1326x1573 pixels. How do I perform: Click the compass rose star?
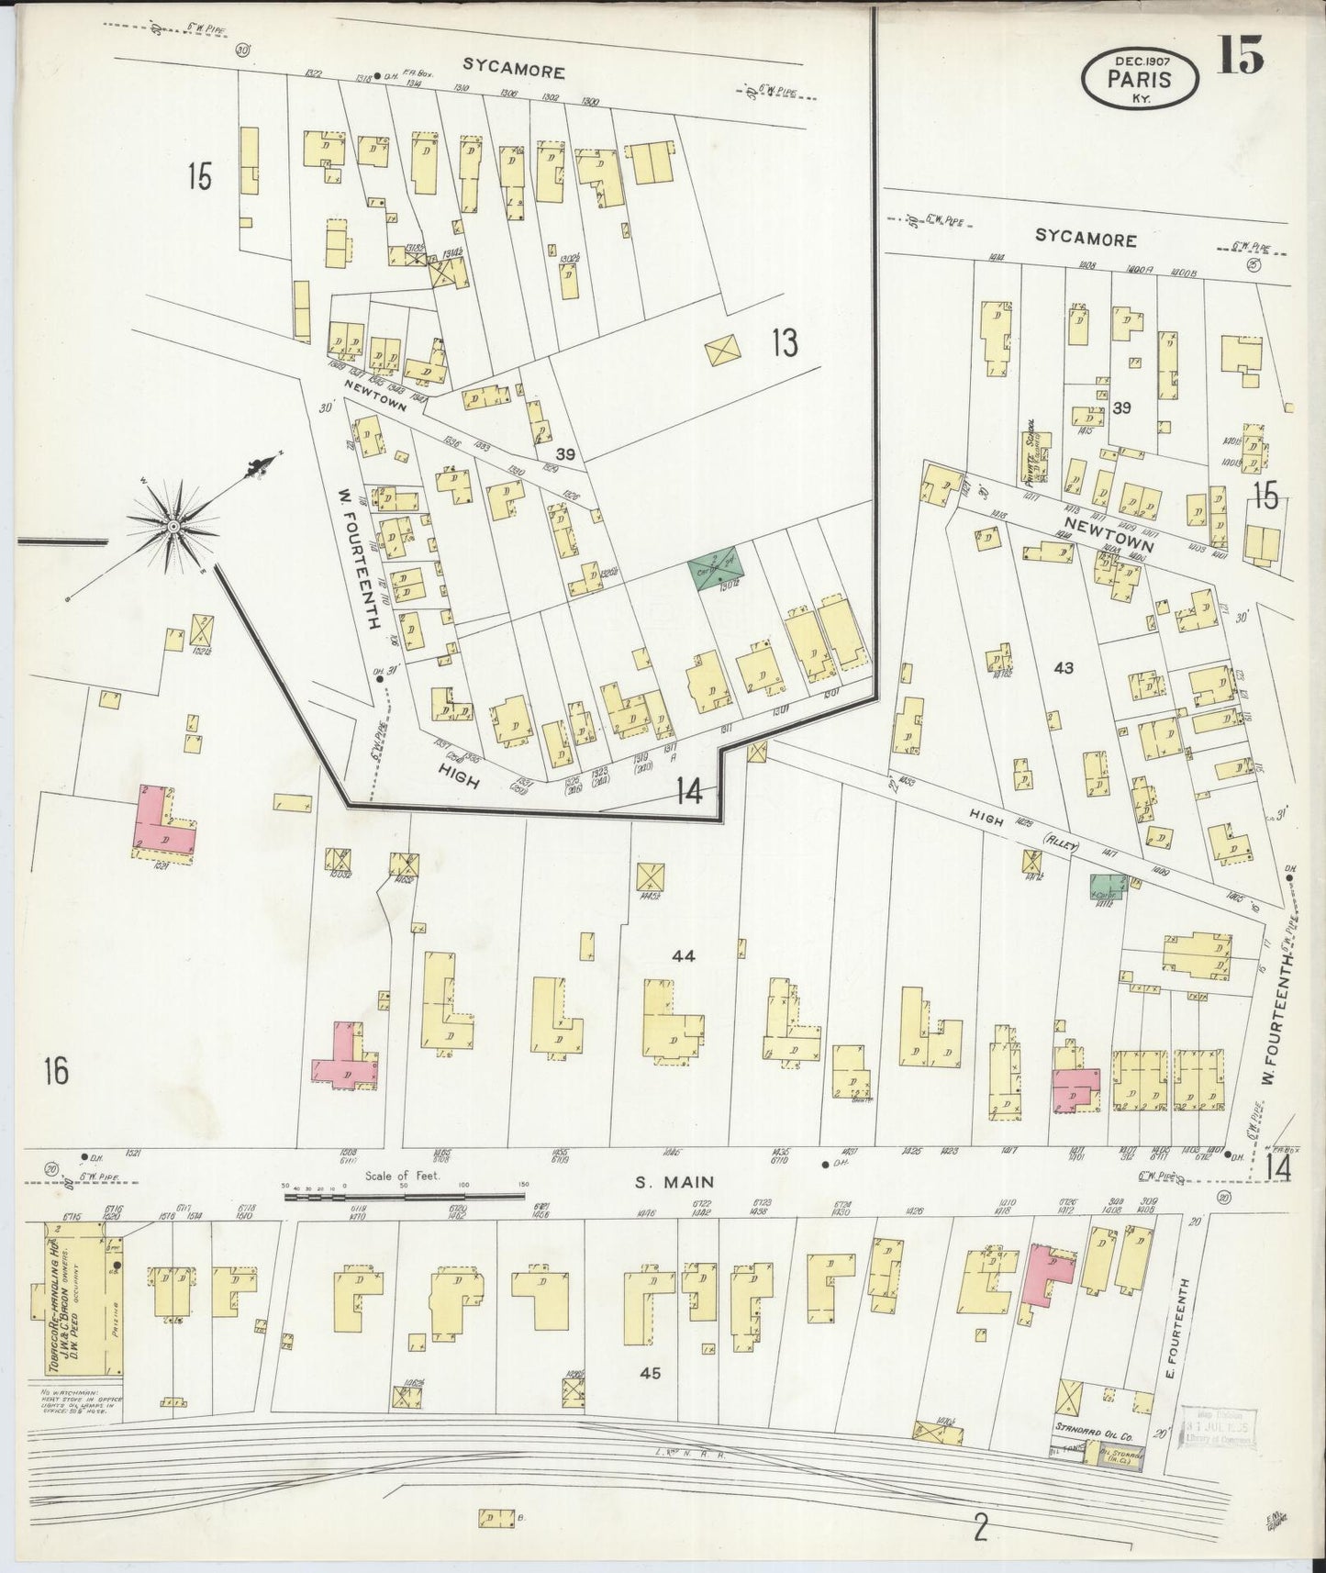(173, 526)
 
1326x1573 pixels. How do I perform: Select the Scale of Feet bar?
(404, 1196)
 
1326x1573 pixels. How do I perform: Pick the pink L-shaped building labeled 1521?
(165, 822)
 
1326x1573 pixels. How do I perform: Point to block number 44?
(684, 956)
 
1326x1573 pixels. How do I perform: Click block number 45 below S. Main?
(651, 1373)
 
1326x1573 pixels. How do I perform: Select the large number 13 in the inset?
(784, 343)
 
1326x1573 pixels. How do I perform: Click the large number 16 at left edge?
(56, 1070)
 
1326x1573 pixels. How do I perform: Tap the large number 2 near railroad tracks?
(980, 1530)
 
